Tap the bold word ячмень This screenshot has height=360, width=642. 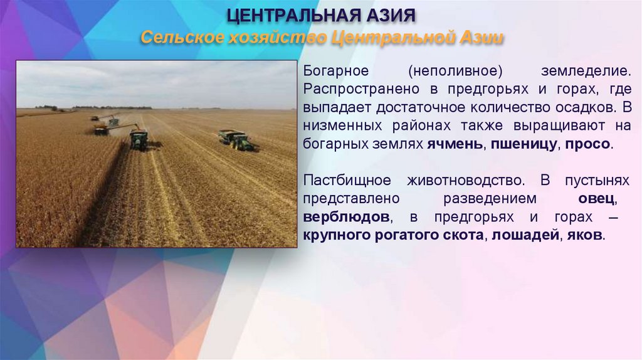point(455,144)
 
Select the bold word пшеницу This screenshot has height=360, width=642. point(525,144)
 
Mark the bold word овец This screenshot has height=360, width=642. point(597,199)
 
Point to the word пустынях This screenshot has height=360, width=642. point(596,181)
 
